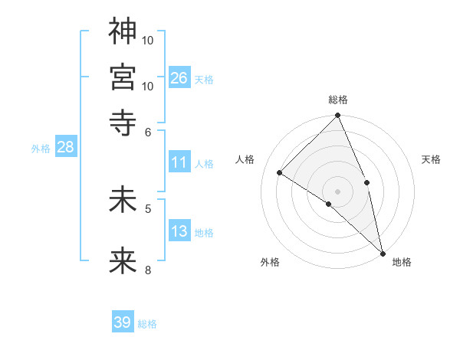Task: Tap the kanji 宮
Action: [x=123, y=77]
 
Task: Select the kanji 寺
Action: [x=123, y=122]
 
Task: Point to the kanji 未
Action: [x=123, y=201]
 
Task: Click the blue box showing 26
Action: [x=179, y=77]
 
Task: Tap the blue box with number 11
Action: [x=179, y=162]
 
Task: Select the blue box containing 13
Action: [x=179, y=231]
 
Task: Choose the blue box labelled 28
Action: [x=65, y=148]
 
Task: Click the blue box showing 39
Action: [x=123, y=322]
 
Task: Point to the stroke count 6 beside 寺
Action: [x=148, y=132]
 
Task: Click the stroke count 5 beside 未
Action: [x=148, y=208]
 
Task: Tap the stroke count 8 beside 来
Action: [x=148, y=269]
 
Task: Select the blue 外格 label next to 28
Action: [x=41, y=149]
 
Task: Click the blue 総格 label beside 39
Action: [x=147, y=324]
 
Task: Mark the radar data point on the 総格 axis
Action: [x=338, y=116]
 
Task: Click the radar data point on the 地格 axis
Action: [x=382, y=251]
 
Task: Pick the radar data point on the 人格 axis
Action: [x=280, y=173]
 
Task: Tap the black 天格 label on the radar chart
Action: [x=431, y=159]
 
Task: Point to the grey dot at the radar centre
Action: [x=338, y=191]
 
